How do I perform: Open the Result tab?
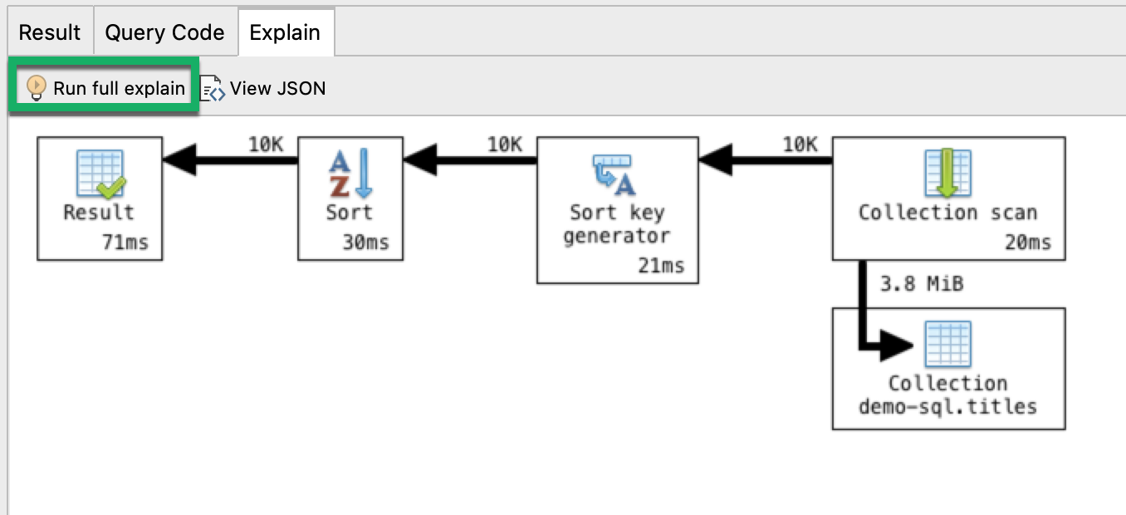tap(49, 33)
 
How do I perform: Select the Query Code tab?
tap(164, 33)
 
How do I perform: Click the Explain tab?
tap(285, 33)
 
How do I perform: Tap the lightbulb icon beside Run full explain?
tap(37, 87)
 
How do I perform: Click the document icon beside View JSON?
tap(213, 88)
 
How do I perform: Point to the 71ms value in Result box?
tap(135, 243)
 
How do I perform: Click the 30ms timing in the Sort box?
tap(365, 243)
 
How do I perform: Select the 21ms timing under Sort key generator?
tap(662, 266)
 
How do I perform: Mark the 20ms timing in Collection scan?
tap(1027, 243)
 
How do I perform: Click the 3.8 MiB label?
tap(921, 284)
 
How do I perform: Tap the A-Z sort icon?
tap(350, 174)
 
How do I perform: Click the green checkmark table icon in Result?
tap(100, 174)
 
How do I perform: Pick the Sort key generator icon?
tap(615, 174)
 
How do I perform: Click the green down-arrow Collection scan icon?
tap(947, 174)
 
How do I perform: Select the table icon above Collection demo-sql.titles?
tap(947, 344)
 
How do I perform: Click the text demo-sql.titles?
tap(947, 406)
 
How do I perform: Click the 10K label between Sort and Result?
tap(266, 145)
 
